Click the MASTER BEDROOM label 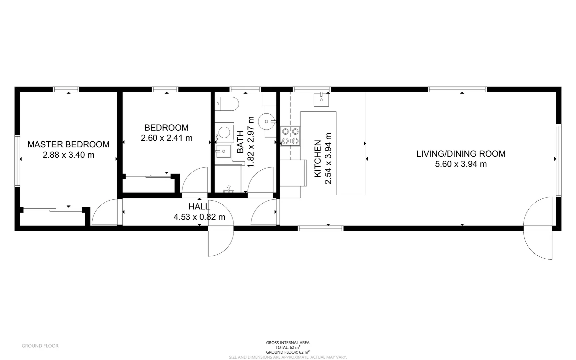coord(68,144)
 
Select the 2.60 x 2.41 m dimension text coord(167,138)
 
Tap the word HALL coord(199,206)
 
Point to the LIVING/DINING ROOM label coord(461,154)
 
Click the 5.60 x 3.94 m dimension coord(461,164)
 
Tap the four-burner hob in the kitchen coord(290,136)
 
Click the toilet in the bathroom coord(227,104)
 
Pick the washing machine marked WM coord(225,132)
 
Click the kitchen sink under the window coord(321,99)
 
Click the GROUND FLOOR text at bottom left coord(40,346)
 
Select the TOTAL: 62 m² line coord(288,347)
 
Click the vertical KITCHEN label coord(318,158)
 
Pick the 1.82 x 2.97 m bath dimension coord(251,142)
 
